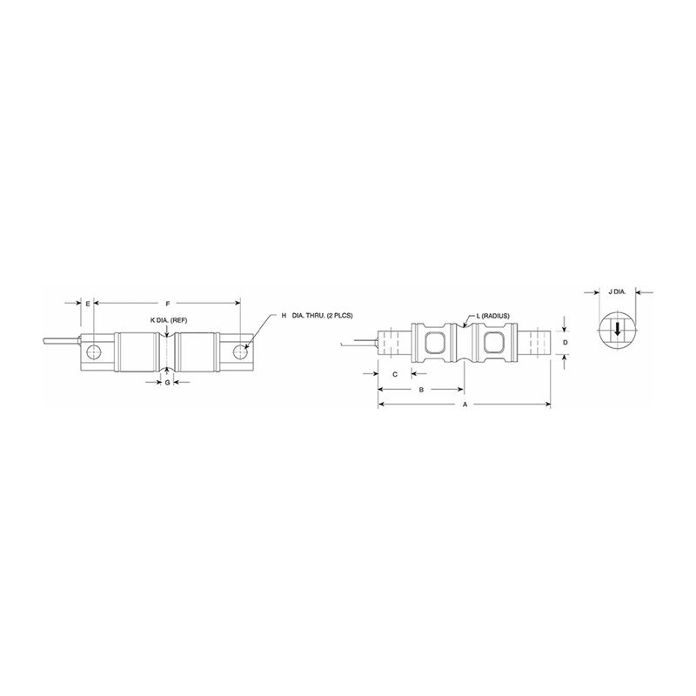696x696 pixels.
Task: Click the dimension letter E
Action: coord(88,303)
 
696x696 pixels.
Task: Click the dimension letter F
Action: coord(168,303)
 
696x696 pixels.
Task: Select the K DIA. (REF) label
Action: coord(169,320)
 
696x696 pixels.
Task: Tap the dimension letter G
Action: coord(167,382)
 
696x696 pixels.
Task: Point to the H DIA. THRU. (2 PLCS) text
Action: coord(318,314)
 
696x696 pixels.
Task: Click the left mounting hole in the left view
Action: coord(95,352)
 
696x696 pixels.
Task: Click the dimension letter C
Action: coord(395,373)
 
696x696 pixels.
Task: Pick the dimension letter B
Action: coord(421,390)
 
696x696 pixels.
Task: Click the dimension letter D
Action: coord(565,344)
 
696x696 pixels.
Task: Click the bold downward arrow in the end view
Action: coord(618,331)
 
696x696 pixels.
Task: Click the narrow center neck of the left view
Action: coord(167,351)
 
